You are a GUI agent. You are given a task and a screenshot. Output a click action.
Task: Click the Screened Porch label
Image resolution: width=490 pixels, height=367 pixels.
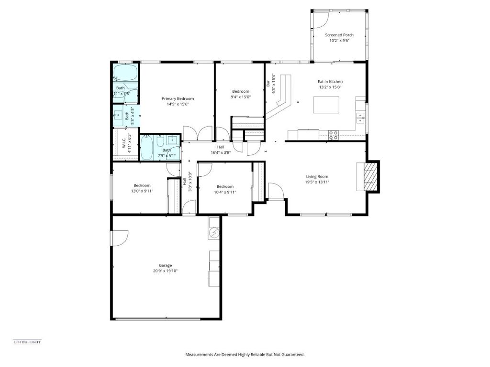click(x=339, y=35)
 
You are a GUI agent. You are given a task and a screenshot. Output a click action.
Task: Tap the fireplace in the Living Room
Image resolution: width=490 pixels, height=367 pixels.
click(x=370, y=177)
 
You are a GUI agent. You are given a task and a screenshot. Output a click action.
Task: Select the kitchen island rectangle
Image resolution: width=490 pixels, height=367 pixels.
click(x=326, y=105)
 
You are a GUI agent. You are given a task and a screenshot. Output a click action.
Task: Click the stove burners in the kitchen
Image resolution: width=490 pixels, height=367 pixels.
click(x=334, y=135)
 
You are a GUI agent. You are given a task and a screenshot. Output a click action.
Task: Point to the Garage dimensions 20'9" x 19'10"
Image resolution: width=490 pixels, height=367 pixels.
click(x=165, y=271)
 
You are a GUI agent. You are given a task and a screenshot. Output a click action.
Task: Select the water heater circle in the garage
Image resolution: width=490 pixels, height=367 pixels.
click(x=214, y=233)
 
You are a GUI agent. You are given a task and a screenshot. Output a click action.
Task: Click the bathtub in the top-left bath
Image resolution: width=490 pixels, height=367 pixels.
click(x=125, y=73)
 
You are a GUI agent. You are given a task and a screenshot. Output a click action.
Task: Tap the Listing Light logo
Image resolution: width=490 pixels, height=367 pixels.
click(x=27, y=342)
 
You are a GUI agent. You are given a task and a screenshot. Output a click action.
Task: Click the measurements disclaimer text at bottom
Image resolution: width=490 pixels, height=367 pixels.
click(x=245, y=355)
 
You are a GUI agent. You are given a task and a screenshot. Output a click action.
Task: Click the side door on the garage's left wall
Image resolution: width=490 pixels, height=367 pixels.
click(x=119, y=238)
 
